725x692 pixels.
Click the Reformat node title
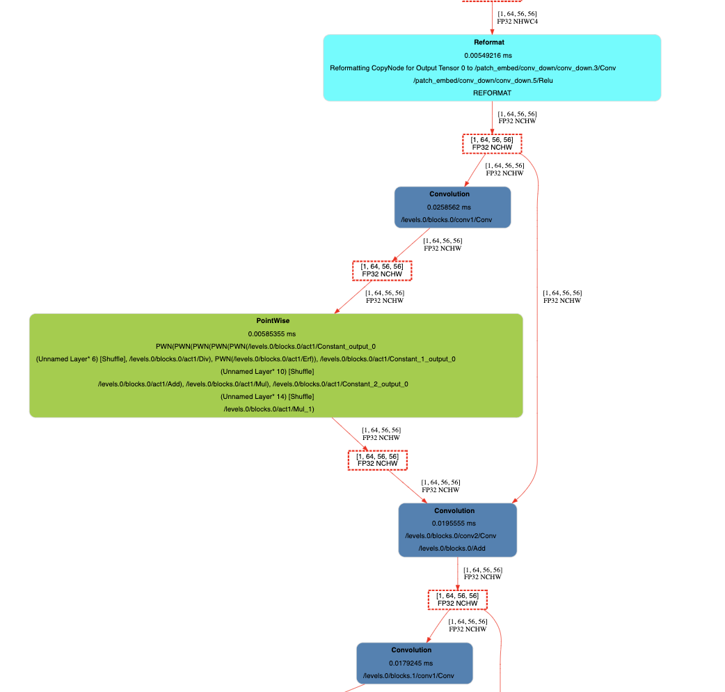point(488,42)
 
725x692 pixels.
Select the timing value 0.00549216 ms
point(488,56)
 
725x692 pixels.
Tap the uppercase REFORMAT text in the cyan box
point(492,93)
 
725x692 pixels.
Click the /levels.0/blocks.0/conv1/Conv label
point(447,220)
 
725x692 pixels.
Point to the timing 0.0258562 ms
point(449,207)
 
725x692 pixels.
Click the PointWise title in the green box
point(273,320)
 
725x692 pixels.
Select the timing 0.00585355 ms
point(272,334)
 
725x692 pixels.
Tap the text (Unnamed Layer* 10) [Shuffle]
point(267,372)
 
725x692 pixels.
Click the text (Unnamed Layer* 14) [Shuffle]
point(267,396)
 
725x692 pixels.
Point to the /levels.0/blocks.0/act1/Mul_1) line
point(269,409)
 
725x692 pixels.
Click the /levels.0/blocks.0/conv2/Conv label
point(451,535)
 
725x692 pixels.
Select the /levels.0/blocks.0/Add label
point(452,548)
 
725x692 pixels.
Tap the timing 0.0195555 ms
point(454,523)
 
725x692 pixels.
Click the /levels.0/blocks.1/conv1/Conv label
point(408,676)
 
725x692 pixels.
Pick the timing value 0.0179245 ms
point(411,663)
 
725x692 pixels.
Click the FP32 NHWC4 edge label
point(518,22)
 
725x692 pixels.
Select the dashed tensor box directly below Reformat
point(492,143)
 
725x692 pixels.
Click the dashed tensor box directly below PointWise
point(378,459)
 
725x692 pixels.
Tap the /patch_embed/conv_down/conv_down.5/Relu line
point(483,81)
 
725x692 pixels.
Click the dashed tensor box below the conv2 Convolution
point(458,599)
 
